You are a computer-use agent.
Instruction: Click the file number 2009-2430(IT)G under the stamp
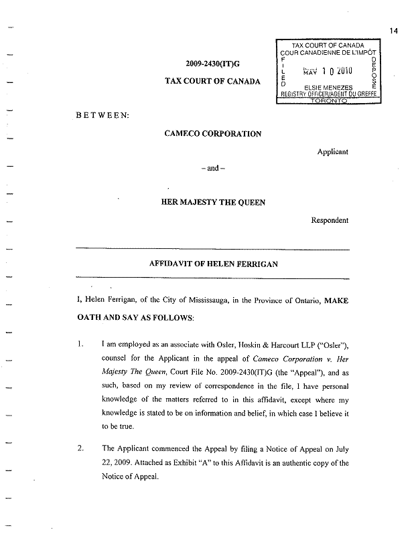tap(212, 64)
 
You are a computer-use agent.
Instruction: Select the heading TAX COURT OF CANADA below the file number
tap(212, 82)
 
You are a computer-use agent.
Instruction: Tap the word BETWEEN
tap(103, 115)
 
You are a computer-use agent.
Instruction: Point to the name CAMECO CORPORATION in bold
tap(212, 133)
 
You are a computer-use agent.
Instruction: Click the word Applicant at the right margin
tap(332, 152)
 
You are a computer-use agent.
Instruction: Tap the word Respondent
tap(330, 219)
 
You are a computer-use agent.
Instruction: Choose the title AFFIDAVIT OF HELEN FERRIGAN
tap(212, 264)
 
